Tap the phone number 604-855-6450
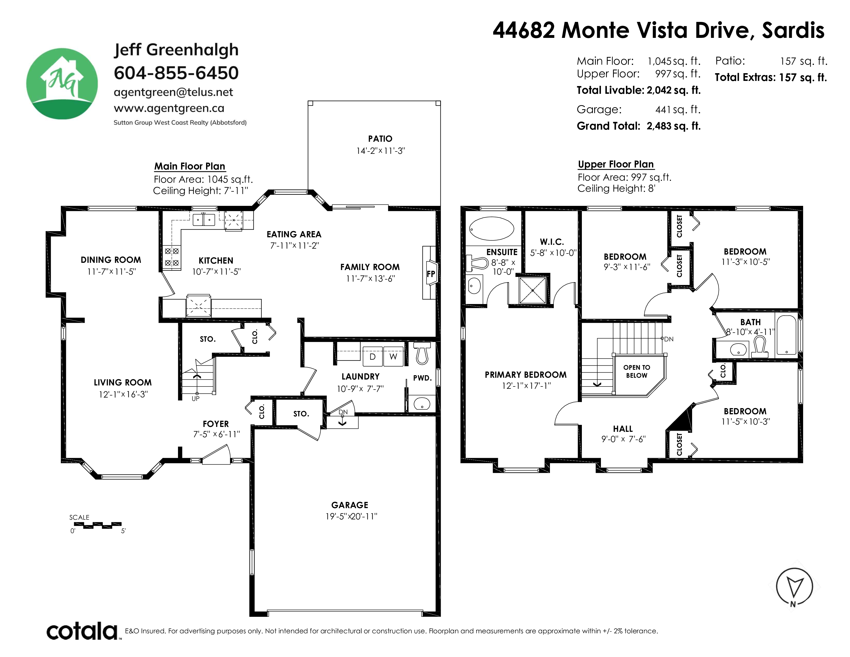pos(176,73)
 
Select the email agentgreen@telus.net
pos(173,92)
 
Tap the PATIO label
pos(380,139)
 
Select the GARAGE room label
pos(350,505)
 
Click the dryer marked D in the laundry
pos(372,356)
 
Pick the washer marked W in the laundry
pos(394,356)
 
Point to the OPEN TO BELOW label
pos(637,371)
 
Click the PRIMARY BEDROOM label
pos(525,374)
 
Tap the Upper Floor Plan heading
pos(616,164)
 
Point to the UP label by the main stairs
pos(195,399)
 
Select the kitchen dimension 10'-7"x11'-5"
pos(216,272)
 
